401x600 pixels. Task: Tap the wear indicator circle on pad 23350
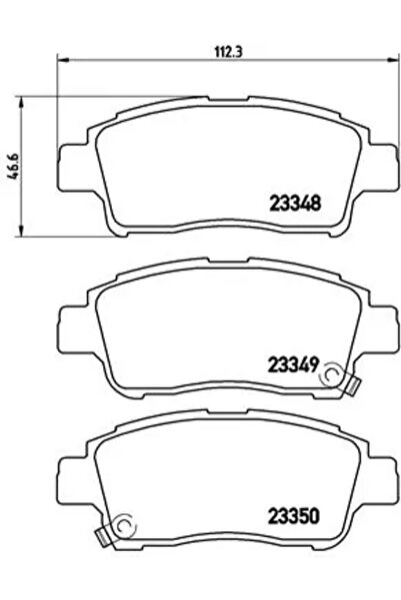[121, 526]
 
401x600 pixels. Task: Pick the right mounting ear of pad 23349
[339, 319]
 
